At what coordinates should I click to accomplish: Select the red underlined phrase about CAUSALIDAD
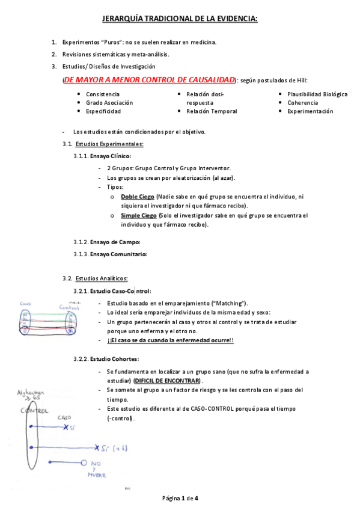[x=150, y=80]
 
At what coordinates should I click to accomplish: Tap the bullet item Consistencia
[x=102, y=94]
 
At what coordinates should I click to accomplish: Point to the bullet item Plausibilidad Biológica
[x=317, y=94]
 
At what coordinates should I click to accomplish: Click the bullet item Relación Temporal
[x=212, y=111]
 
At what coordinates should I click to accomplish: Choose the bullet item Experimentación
[x=310, y=111]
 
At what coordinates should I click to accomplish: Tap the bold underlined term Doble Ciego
[x=137, y=197]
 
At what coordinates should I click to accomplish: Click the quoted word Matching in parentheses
[x=230, y=303]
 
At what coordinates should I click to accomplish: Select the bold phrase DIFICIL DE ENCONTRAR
[x=168, y=381]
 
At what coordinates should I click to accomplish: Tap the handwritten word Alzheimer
[x=29, y=392]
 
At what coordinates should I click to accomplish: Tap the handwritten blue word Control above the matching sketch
[x=68, y=307]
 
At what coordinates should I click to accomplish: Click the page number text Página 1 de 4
[x=180, y=499]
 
